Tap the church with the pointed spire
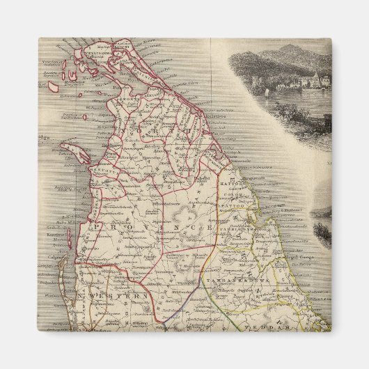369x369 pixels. (x=315, y=77)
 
